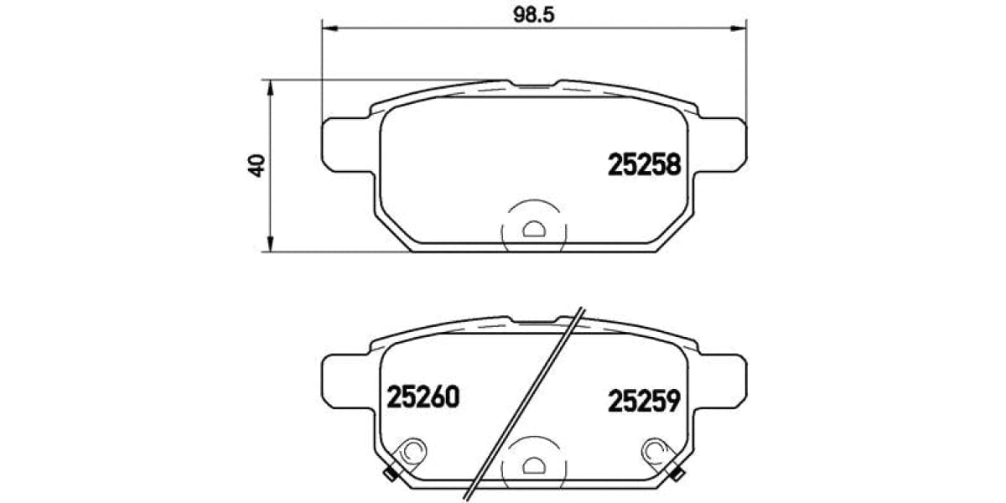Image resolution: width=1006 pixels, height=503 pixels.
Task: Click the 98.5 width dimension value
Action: (x=533, y=14)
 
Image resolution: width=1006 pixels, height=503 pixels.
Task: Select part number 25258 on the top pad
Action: (x=642, y=165)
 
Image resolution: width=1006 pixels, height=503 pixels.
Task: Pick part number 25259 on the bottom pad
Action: (x=642, y=401)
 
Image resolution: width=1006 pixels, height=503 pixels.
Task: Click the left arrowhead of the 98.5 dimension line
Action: (x=329, y=29)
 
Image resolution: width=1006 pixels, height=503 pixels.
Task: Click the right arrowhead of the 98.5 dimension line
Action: (x=739, y=29)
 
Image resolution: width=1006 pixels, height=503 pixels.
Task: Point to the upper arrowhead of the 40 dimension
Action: (x=269, y=86)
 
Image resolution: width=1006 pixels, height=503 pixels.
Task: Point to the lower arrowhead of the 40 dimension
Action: (x=269, y=244)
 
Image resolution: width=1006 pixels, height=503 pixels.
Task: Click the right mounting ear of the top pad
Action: (x=722, y=146)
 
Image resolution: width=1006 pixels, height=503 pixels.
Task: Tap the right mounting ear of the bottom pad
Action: (x=722, y=381)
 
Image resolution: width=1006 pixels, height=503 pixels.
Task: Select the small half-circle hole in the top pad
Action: (x=533, y=228)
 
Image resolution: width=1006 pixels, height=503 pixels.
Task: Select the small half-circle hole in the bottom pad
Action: (x=533, y=463)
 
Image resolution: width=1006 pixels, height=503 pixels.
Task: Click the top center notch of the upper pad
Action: (x=533, y=85)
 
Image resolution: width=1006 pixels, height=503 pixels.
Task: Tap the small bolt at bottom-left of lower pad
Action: (x=390, y=475)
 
